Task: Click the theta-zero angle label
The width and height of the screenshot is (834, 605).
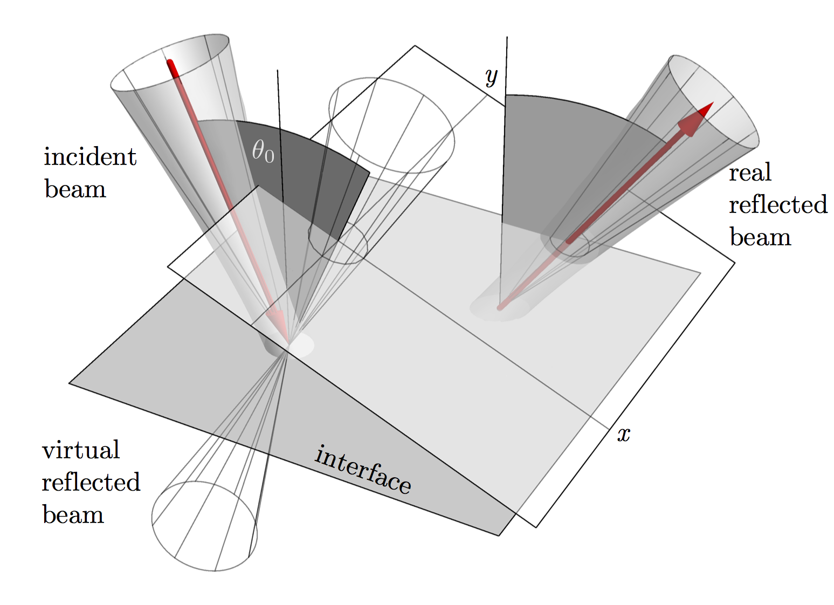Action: [263, 152]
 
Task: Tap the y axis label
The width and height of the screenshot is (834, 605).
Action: [492, 77]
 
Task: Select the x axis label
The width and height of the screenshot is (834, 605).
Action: [624, 435]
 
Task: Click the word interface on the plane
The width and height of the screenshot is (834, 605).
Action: [363, 469]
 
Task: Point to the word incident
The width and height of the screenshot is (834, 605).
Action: [90, 156]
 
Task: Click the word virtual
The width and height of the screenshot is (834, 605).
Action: [81, 449]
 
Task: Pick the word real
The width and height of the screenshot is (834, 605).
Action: [750, 173]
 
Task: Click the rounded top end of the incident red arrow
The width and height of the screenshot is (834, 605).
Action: [170, 63]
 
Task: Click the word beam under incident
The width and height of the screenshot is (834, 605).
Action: [75, 189]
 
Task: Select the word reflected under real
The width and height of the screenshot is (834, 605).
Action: [778, 204]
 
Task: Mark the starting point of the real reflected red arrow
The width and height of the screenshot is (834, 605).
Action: [500, 308]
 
